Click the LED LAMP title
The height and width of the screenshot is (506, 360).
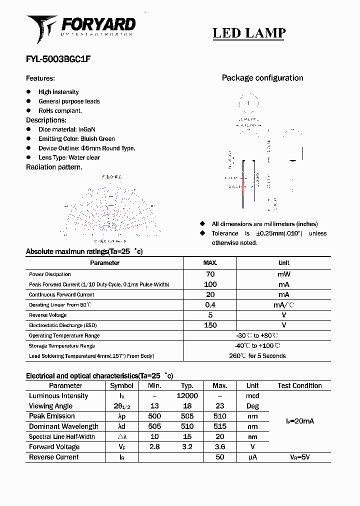coord(249,33)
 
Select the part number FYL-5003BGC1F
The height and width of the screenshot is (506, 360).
coord(58,58)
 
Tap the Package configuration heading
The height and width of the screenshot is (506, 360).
coord(262,78)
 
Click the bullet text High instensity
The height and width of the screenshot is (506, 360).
coord(58,92)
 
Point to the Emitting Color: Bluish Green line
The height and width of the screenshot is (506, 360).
coord(76,139)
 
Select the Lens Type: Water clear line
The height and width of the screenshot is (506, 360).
coord(69,157)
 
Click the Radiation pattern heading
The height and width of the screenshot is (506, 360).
coord(54,167)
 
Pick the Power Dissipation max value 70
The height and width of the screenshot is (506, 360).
coord(210,274)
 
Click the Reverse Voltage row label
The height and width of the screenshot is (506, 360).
coord(48,315)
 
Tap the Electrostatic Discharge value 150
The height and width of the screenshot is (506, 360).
coord(210,325)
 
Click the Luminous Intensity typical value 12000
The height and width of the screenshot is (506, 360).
coord(187,396)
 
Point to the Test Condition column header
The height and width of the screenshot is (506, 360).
coord(299,385)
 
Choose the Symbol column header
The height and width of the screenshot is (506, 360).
coord(121,385)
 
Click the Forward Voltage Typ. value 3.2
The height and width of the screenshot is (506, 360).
coord(187,447)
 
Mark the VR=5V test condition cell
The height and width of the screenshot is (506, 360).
coord(299,457)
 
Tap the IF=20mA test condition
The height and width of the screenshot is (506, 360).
coord(299,421)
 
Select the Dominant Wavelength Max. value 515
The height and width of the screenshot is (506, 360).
coord(219,426)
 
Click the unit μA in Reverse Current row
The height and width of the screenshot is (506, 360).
coord(252,457)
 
